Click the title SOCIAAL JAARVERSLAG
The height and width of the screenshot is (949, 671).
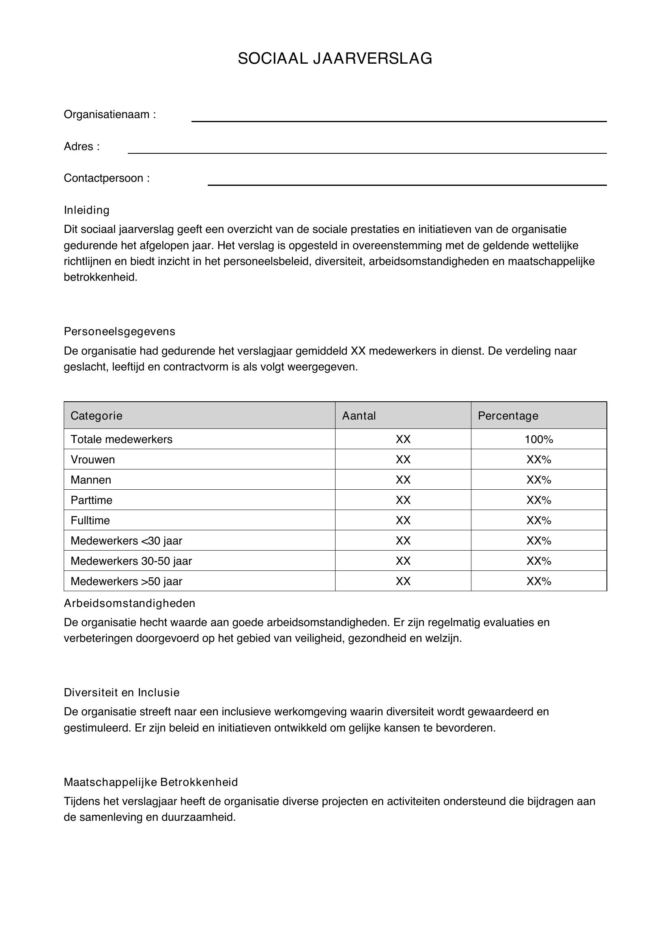tap(335, 59)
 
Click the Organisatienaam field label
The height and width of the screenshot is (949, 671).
tap(110, 114)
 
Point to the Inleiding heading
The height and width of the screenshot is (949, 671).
tap(86, 211)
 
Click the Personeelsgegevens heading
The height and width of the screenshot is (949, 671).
tap(119, 331)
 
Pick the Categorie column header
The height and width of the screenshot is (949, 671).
tap(96, 415)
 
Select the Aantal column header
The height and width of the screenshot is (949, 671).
tap(359, 415)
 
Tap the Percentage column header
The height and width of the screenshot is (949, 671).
tap(508, 415)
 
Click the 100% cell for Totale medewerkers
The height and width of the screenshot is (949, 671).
tap(539, 439)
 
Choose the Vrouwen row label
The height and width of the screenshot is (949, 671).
tap(92, 460)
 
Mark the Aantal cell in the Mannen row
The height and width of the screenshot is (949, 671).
tap(403, 480)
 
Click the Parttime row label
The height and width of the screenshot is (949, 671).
tap(91, 500)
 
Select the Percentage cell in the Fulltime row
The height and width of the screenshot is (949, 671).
tap(539, 521)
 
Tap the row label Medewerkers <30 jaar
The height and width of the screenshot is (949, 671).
tap(126, 540)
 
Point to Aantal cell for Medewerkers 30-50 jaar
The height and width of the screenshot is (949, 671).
tap(403, 561)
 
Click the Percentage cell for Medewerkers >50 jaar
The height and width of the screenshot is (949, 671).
tap(539, 581)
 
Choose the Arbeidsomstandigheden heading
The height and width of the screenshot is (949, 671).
tap(129, 603)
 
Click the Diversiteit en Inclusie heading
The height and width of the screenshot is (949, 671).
tap(121, 693)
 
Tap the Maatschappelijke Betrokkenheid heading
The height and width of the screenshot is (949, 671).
tap(151, 782)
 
